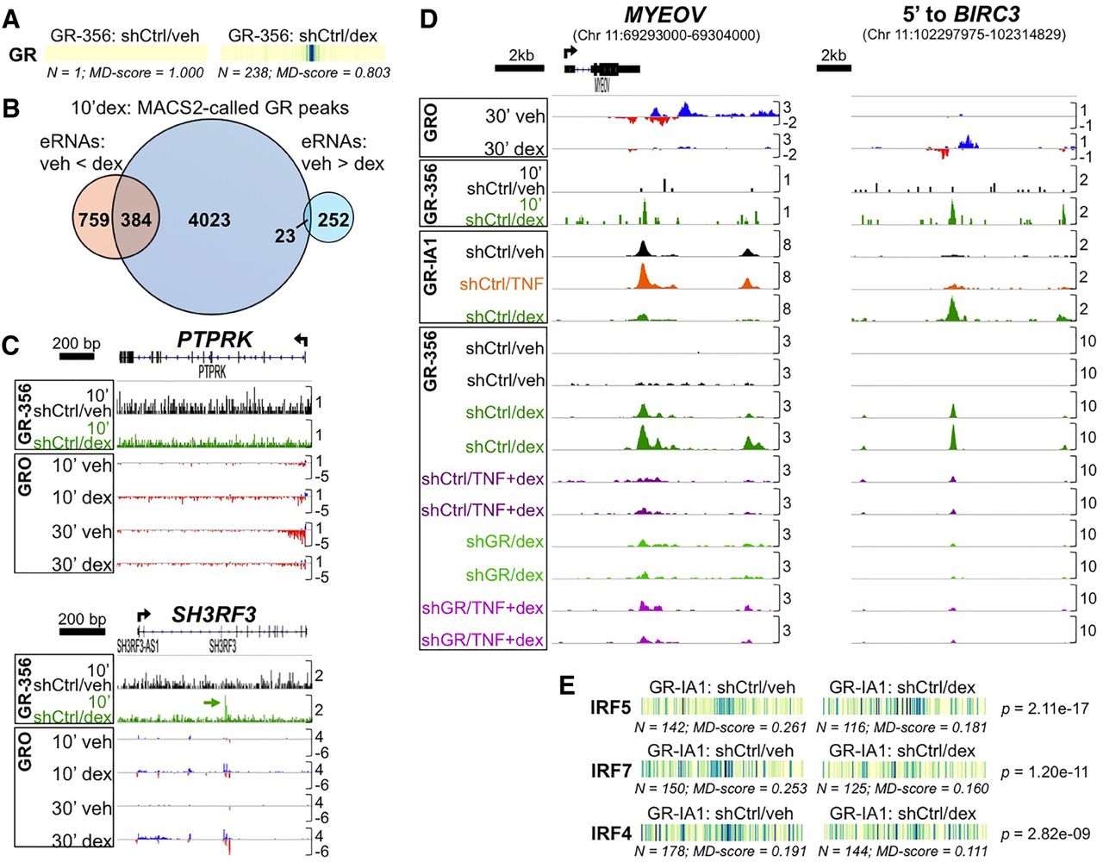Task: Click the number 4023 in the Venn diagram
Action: (209, 220)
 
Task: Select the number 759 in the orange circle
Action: (94, 220)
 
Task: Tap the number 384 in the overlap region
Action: (134, 220)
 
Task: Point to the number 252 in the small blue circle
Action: (333, 220)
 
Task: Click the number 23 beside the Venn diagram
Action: (284, 235)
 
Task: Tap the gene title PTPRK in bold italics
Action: (215, 340)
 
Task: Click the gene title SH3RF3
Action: (214, 615)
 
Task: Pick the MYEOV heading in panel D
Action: (665, 14)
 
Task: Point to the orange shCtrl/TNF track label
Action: (502, 284)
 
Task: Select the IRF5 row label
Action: (611, 708)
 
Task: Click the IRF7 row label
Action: (611, 771)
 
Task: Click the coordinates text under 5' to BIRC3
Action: (963, 34)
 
